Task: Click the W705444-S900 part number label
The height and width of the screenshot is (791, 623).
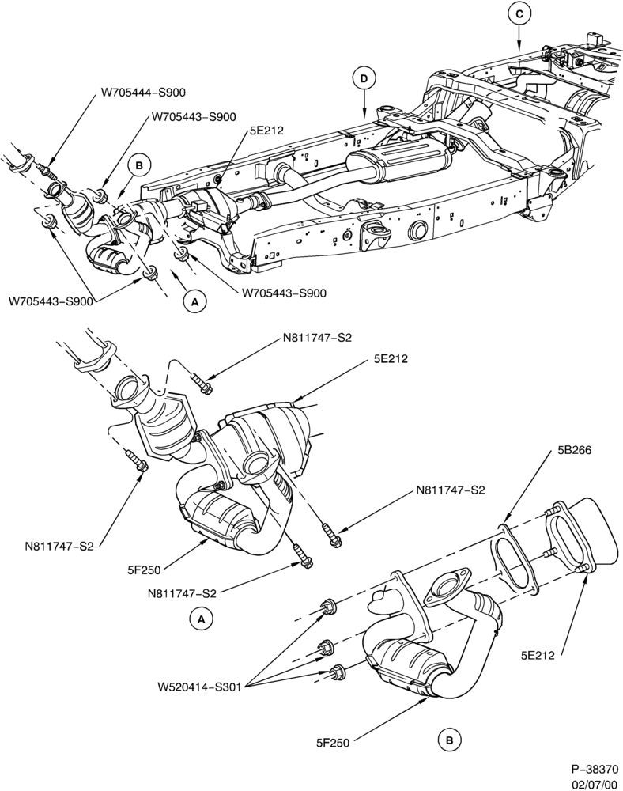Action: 143,93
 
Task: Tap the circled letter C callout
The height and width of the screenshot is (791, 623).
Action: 519,14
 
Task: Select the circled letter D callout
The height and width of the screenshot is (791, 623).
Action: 364,78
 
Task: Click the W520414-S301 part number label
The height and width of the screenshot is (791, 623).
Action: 199,687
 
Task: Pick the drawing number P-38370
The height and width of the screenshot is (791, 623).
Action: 595,770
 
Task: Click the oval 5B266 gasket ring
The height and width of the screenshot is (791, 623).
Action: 514,560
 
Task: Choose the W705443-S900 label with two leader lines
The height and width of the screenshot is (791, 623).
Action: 51,301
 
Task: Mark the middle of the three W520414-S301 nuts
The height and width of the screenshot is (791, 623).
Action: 324,646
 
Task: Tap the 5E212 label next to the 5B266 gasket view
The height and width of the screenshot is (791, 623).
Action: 538,655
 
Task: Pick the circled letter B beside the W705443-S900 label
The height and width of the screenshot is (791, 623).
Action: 139,165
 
